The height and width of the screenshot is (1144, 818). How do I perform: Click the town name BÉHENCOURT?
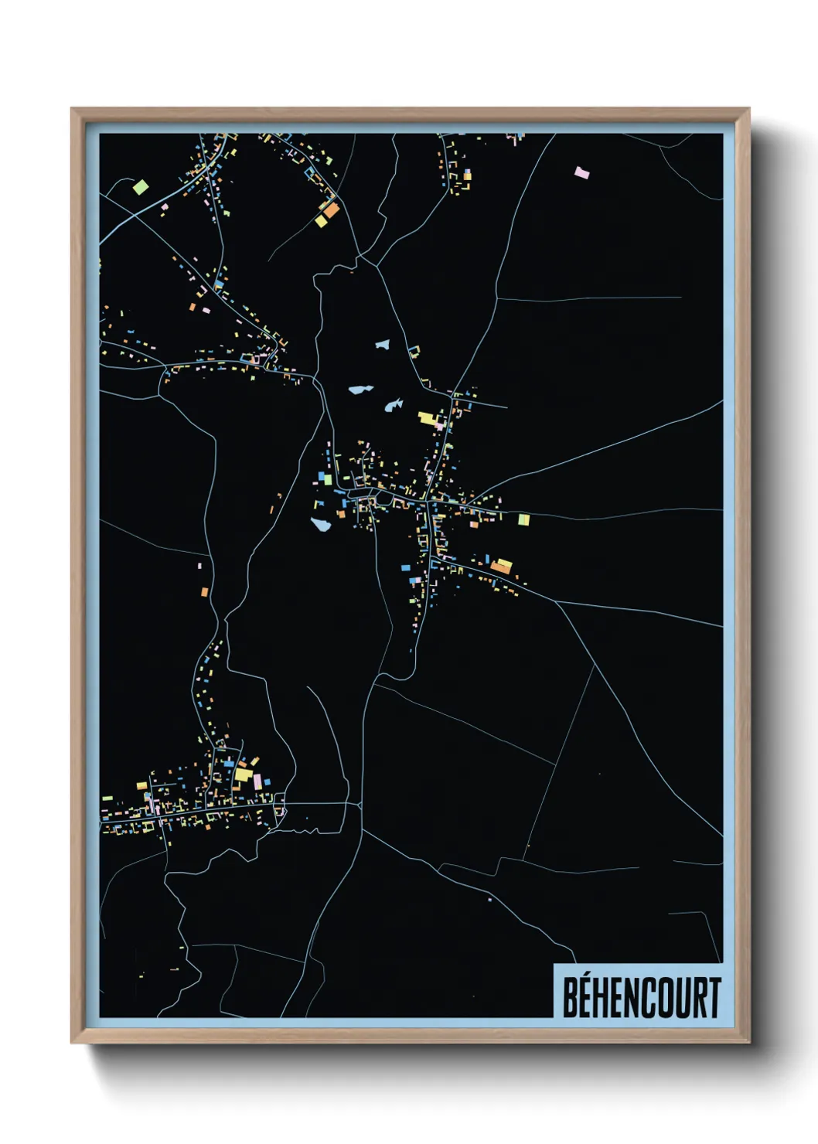tap(641, 997)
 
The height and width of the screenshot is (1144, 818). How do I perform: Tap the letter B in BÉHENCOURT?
tap(571, 998)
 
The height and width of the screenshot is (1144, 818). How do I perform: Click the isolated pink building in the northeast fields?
tap(581, 172)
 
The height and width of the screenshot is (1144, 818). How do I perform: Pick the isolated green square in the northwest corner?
tap(140, 186)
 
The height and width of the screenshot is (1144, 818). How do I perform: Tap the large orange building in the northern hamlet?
tap(331, 209)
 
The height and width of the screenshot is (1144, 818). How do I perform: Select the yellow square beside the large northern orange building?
tap(321, 221)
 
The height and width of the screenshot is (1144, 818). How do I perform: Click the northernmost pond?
tap(382, 344)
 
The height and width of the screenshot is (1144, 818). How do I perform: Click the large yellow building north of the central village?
tap(427, 419)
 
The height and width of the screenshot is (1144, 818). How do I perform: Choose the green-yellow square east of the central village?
tap(523, 519)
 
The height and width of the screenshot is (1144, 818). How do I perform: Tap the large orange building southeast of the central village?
tap(502, 566)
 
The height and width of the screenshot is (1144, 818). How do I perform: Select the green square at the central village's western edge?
tap(328, 479)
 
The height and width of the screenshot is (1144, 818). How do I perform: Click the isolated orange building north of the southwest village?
tap(205, 592)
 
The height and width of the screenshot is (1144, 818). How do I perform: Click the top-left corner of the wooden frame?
tap(72, 109)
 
